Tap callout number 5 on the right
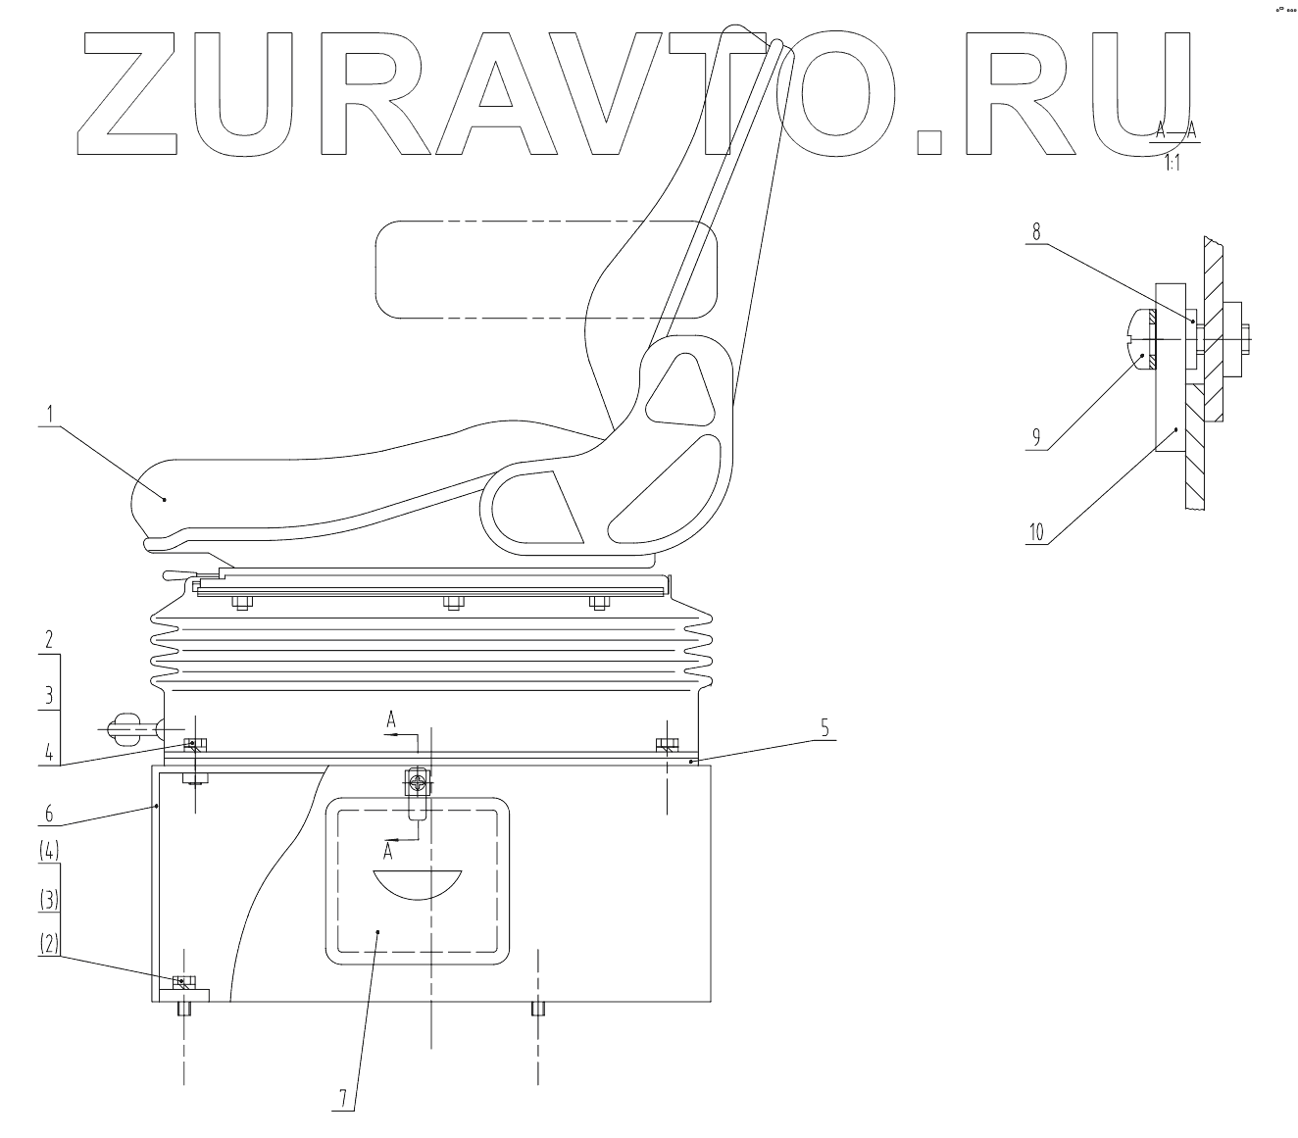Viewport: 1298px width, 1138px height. click(x=824, y=727)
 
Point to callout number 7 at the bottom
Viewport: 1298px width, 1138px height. click(x=342, y=1099)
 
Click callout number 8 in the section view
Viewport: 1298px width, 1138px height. click(x=1035, y=231)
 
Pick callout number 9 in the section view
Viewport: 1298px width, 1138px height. click(x=1035, y=438)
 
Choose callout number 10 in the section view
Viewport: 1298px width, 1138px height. click(x=1036, y=532)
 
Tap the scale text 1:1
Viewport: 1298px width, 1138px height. click(x=1172, y=164)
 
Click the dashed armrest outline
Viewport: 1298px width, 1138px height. click(x=546, y=269)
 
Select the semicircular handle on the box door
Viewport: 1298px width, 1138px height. click(x=417, y=882)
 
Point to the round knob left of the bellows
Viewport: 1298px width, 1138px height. click(x=130, y=727)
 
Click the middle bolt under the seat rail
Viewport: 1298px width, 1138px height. click(x=452, y=603)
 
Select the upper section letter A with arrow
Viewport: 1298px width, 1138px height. click(x=391, y=722)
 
